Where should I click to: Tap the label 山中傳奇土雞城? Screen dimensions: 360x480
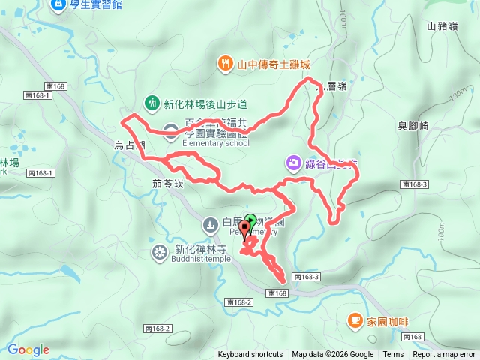273,64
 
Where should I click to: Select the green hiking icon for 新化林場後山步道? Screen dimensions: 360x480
151,103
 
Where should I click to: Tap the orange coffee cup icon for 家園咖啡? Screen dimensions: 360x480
354,320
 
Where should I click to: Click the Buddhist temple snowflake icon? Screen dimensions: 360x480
159,251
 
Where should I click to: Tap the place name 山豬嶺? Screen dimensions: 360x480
442,26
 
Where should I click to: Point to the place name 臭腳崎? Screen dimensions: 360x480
412,126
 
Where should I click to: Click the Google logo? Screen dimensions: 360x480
28,349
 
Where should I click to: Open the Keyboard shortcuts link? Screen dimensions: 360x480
250,355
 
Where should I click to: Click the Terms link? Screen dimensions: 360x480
393,355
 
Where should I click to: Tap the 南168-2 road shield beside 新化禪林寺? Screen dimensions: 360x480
238,301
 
